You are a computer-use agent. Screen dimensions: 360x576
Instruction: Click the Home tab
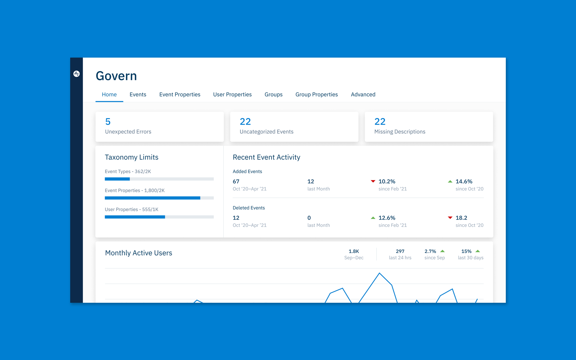109,94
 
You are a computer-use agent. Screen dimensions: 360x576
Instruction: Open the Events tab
138,94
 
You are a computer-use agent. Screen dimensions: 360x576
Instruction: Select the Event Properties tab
180,94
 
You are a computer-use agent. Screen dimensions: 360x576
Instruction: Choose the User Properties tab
232,94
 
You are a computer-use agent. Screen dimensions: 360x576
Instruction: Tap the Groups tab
274,94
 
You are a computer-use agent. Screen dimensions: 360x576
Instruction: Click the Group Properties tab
316,94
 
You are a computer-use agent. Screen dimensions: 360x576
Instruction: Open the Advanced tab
363,94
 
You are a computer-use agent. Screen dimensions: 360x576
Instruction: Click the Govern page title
116,76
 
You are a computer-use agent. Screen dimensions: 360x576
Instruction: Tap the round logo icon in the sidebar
76,74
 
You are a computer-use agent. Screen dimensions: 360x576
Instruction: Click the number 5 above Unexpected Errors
108,122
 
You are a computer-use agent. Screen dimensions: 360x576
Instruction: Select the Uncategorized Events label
266,132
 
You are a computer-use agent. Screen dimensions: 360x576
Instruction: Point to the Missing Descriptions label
400,132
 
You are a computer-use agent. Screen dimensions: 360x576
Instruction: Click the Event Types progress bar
159,179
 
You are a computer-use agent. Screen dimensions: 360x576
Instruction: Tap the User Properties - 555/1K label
131,210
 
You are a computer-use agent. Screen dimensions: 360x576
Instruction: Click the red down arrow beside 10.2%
373,181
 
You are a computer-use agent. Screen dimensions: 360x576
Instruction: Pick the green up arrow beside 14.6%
450,181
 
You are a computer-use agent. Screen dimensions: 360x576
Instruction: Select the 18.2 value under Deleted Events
461,218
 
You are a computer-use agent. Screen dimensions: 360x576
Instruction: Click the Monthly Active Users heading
139,253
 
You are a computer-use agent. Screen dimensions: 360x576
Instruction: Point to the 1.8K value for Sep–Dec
354,251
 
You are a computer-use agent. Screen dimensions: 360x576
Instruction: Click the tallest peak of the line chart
379,273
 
